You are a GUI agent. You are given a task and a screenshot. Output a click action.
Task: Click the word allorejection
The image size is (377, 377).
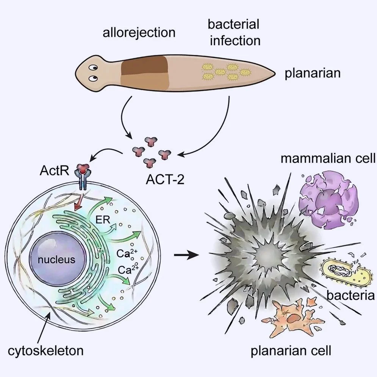click(x=139, y=33)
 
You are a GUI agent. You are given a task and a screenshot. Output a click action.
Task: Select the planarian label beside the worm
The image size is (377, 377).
click(x=313, y=73)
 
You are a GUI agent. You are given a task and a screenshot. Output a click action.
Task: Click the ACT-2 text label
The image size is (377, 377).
click(x=165, y=179)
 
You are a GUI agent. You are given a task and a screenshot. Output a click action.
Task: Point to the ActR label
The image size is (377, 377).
click(x=55, y=171)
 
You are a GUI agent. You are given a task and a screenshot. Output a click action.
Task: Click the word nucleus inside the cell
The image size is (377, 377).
click(x=56, y=260)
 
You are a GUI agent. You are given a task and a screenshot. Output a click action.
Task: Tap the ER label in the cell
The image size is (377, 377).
click(x=103, y=219)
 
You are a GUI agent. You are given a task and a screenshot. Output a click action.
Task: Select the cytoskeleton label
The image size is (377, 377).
click(x=46, y=350)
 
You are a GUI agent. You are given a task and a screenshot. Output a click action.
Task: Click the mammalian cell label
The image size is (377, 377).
click(x=328, y=159)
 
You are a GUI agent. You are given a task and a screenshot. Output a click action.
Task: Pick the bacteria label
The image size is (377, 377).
click(x=350, y=295)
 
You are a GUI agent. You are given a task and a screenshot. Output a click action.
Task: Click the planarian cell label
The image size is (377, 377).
click(x=291, y=351)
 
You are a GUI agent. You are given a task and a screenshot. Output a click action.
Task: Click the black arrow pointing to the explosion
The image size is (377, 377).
click(x=186, y=255)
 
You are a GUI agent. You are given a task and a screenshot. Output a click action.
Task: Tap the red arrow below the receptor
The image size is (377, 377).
click(x=79, y=201)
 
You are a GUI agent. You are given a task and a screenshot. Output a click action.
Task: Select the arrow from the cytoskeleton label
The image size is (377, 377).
click(x=44, y=327)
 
